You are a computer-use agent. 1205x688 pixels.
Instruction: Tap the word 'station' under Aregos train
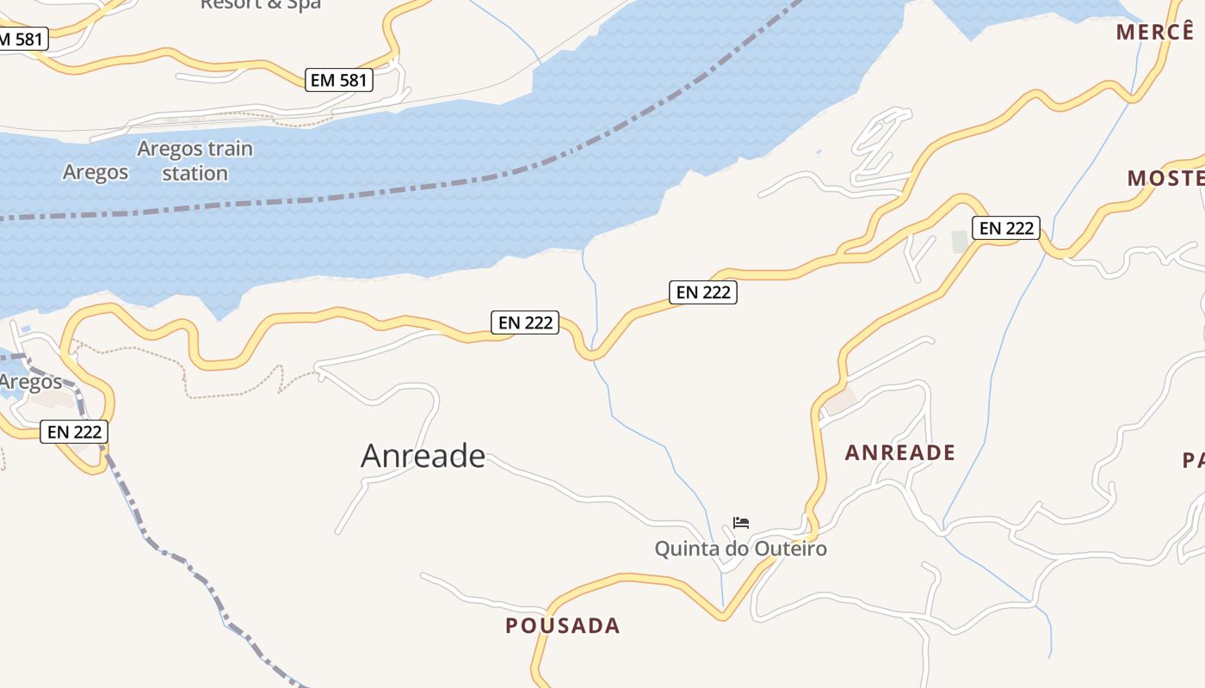coord(195,173)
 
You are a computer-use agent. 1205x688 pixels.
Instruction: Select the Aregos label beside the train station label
coord(96,172)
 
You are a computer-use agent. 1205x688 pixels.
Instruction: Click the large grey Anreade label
coord(423,456)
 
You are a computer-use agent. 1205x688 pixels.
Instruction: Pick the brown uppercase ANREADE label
coord(900,452)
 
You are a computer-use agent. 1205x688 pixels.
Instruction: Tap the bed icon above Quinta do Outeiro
coord(741,522)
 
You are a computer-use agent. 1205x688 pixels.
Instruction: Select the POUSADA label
coord(563,625)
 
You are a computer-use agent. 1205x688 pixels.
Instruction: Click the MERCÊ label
coord(1156,32)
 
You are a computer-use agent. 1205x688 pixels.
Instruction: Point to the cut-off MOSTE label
coord(1165,178)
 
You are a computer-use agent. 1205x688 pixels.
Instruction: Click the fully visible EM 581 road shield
coord(340,81)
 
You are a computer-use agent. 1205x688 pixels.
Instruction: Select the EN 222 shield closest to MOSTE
coord(1006,228)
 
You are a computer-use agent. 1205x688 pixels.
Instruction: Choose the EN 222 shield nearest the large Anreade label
coord(525,322)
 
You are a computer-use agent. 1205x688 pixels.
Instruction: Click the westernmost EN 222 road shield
coord(75,432)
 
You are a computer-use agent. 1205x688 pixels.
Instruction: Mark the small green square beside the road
coord(961,242)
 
